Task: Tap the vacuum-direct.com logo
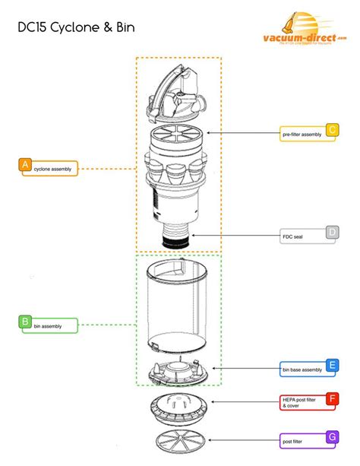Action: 311,30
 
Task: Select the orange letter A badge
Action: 25,164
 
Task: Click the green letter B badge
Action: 25,322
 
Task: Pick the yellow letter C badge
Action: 331,129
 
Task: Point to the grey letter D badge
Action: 331,232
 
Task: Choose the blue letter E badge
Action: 331,365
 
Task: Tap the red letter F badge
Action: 331,398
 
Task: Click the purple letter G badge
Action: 331,436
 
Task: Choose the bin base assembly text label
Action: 301,370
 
